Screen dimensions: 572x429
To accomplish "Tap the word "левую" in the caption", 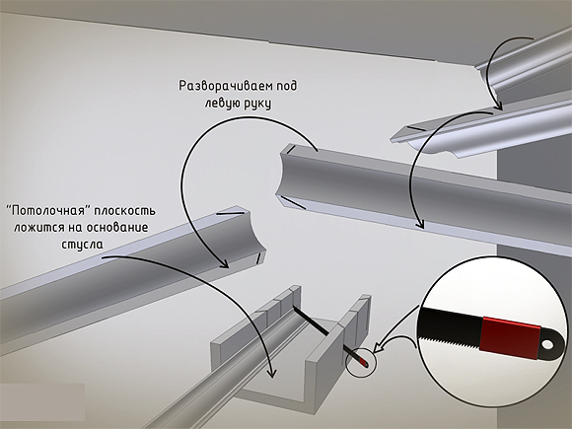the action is (x=220, y=104).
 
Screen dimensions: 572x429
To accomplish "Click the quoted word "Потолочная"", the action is (x=48, y=210).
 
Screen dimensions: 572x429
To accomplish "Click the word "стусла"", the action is (x=82, y=244).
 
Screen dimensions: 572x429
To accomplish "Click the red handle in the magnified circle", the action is (x=510, y=337).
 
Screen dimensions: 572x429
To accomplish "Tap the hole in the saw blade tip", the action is (x=547, y=344).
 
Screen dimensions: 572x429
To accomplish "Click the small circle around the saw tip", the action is (x=360, y=362).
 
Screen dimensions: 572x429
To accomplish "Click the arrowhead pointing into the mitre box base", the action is (x=271, y=373).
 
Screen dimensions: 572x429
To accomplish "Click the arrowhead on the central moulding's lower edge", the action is (x=419, y=223).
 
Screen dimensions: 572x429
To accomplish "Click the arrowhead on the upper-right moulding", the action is (x=499, y=106).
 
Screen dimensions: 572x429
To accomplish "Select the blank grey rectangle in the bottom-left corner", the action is (x=42, y=402).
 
